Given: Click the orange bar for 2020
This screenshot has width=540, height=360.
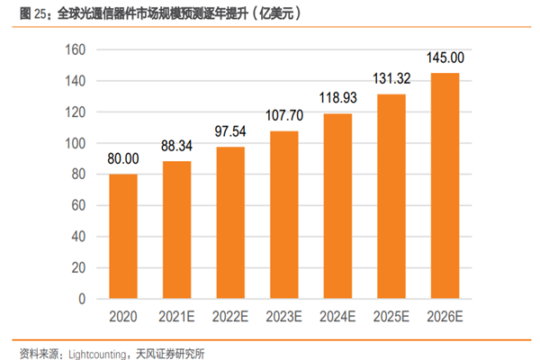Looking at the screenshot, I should [x=124, y=236].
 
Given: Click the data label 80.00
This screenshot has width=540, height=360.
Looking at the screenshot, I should [x=124, y=159].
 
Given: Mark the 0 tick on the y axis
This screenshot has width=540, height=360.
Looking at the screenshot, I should [x=81, y=298].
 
